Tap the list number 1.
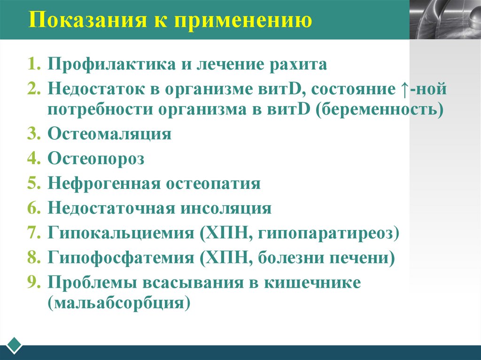pyautogui.click(x=32, y=64)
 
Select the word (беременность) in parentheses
pyautogui.click(x=380, y=110)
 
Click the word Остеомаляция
pyautogui.click(x=109, y=134)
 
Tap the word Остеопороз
pyautogui.click(x=96, y=159)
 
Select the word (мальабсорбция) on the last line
pyautogui.click(x=119, y=303)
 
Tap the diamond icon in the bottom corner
pyautogui.click(x=15, y=345)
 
